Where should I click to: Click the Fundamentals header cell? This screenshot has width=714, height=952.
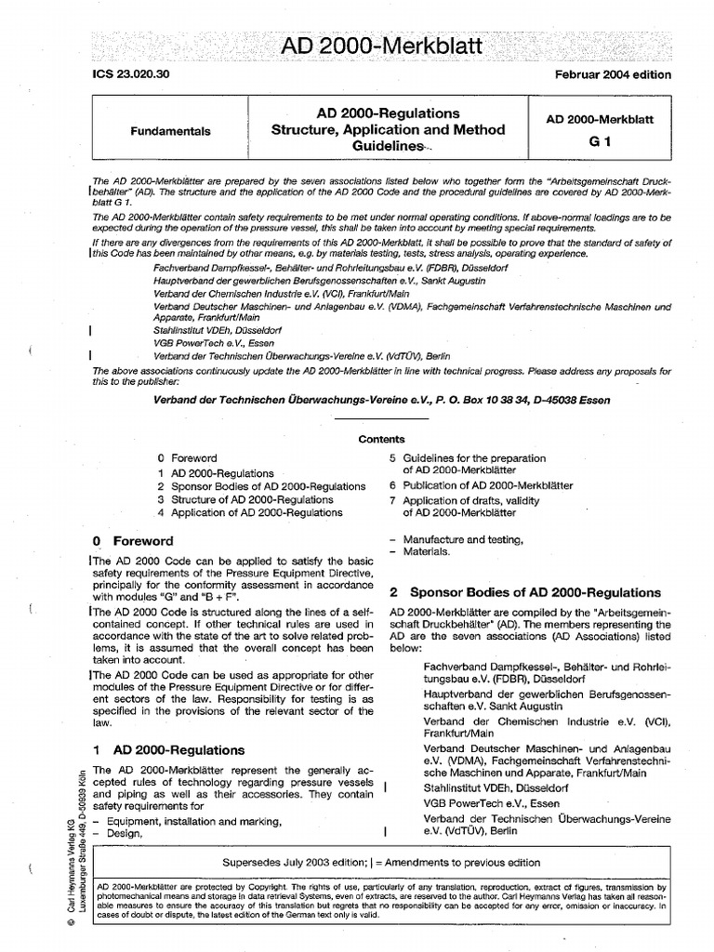pos(171,130)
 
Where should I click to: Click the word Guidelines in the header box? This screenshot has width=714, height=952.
pos(388,147)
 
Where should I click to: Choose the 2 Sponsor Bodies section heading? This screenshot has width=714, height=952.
pos(524,592)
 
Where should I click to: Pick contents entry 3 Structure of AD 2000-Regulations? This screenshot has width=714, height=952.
pos(245,499)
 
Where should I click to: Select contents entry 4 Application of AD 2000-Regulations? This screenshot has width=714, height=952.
pos(248,512)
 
